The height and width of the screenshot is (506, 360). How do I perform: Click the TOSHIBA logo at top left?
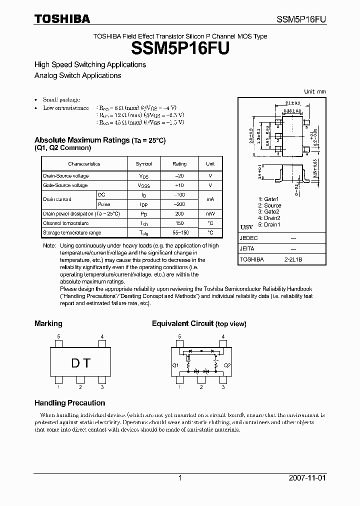coord(62,19)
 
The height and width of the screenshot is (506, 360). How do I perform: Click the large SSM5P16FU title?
coord(180,49)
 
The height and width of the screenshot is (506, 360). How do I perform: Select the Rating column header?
coord(179,163)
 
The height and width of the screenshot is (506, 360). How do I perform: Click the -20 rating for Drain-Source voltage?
coord(179,176)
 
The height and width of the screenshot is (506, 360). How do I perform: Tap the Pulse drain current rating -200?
coord(179,204)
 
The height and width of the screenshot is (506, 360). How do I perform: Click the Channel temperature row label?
coord(65,223)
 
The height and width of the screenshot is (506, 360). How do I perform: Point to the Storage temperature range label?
coord(72,232)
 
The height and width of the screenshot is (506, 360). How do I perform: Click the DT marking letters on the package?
coord(80,363)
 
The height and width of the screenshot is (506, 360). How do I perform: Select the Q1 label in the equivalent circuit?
coord(175,365)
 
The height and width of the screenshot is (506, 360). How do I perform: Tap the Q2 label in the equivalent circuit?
coord(227,365)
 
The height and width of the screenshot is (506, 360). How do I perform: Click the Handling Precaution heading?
coord(69,403)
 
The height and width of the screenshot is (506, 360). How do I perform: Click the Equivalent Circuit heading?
coord(182,323)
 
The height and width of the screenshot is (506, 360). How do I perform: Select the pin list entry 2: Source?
coord(269,205)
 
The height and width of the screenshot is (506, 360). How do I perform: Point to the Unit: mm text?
coord(315,91)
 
